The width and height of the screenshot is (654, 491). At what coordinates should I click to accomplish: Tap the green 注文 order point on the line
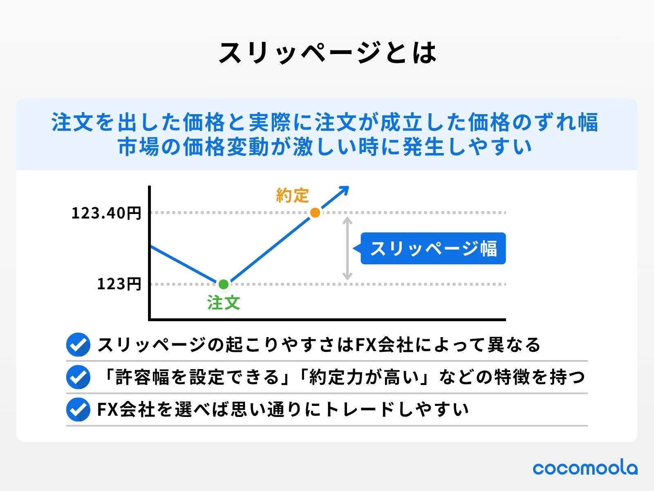point(224,284)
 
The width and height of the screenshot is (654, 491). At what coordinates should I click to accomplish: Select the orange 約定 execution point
point(315,212)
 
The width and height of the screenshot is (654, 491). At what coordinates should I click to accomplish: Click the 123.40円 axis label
point(106,213)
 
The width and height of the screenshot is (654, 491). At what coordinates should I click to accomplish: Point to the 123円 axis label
point(119,284)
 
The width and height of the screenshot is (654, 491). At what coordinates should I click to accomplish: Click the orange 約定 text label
point(293,196)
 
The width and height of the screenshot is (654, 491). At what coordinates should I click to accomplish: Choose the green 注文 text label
point(224,303)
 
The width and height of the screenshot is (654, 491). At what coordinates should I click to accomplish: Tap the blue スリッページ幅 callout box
point(432,248)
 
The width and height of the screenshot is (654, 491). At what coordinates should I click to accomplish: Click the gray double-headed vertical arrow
point(347,249)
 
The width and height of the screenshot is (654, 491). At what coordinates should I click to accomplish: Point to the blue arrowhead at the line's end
point(344,191)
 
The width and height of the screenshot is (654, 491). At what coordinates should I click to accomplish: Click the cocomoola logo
point(585,468)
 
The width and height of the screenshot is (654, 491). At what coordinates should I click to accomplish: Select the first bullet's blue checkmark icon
point(78,345)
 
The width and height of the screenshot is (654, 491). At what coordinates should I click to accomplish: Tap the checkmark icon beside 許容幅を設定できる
point(78,377)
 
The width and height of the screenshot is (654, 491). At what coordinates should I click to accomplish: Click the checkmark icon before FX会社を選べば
point(78,409)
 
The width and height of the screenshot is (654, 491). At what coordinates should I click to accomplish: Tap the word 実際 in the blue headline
point(270,122)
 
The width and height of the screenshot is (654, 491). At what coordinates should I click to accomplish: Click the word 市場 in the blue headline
point(139,146)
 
